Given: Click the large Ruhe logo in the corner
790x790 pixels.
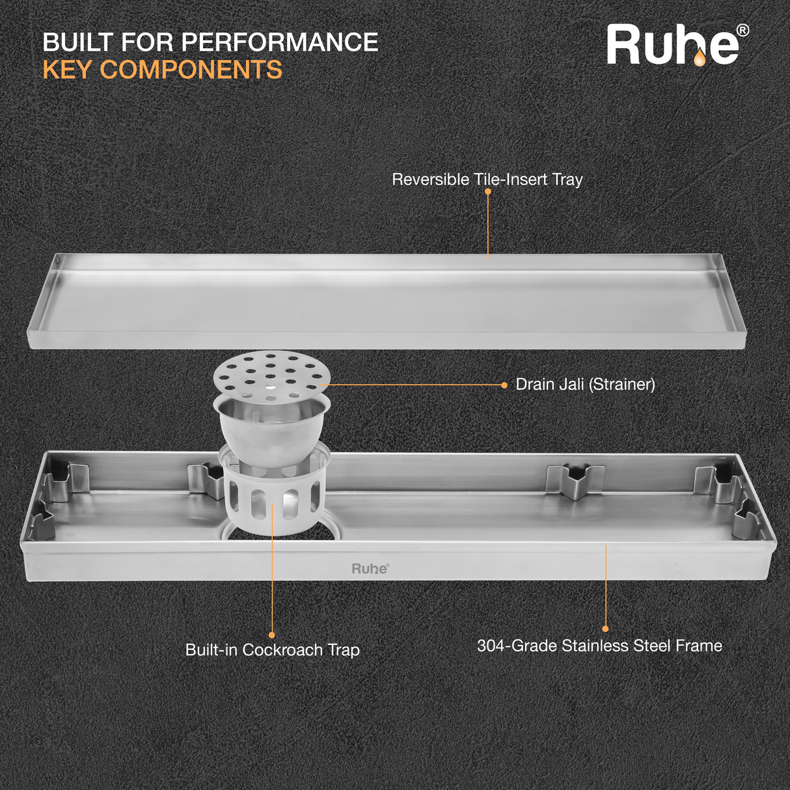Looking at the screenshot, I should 674,46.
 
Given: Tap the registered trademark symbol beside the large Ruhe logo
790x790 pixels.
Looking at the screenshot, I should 742,31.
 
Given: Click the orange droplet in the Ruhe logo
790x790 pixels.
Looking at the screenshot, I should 699,59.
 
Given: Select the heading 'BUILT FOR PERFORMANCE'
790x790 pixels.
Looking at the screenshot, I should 210,42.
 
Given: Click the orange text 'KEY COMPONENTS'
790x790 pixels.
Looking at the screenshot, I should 163,70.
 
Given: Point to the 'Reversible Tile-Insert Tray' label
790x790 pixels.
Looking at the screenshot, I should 487,180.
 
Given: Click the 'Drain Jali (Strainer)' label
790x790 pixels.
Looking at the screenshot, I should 585,385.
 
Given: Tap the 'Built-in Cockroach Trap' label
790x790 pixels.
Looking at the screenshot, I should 272,650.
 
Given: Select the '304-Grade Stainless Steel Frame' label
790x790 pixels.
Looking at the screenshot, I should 599,646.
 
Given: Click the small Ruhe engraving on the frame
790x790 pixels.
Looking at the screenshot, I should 370,569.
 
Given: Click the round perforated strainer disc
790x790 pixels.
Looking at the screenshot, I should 272,375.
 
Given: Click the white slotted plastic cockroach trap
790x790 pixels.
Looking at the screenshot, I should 272,498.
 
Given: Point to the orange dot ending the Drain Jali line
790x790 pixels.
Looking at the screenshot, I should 504,385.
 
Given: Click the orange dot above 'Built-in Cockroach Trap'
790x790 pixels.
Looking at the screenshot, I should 272,635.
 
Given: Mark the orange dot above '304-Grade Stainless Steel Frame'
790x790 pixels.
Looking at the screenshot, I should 605,629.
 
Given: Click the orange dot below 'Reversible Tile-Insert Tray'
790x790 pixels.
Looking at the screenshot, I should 487,192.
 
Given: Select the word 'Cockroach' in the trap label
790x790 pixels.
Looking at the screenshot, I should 282,650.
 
